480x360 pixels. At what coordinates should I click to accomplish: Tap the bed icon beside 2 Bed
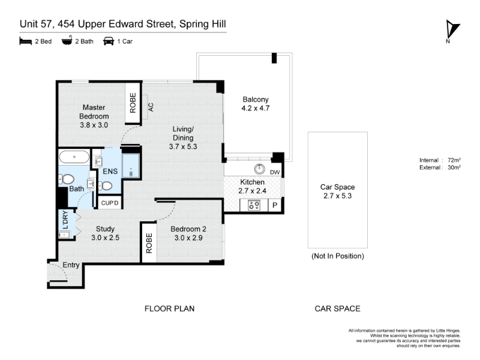pos(25,41)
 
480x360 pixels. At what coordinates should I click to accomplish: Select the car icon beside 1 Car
pos(109,41)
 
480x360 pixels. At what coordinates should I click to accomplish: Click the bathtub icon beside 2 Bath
pos(67,40)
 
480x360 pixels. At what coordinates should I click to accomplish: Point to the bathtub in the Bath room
pos(74,157)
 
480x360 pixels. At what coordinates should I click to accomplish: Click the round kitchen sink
pos(260,169)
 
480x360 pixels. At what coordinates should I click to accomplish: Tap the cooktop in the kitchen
pos(254,205)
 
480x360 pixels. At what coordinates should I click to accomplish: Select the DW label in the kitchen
pos(275,172)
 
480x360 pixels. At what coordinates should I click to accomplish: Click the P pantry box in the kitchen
pos(275,205)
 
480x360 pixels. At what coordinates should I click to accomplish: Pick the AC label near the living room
pos(151,107)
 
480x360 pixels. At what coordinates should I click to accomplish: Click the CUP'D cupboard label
pos(110,203)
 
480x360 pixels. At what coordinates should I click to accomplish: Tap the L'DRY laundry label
pos(65,220)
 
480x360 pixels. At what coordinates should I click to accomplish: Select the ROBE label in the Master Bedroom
pos(133,103)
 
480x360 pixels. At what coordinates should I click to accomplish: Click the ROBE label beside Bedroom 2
pos(149,243)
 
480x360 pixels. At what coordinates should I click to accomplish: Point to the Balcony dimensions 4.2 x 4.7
pos(256,108)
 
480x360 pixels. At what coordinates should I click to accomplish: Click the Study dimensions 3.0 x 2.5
pos(105,237)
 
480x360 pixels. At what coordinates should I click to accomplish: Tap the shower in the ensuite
pos(131,166)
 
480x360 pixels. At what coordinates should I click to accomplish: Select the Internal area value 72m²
pos(454,160)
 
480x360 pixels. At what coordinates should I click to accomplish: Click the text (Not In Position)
pos(338,256)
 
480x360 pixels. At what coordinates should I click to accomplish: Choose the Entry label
pos(71,265)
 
